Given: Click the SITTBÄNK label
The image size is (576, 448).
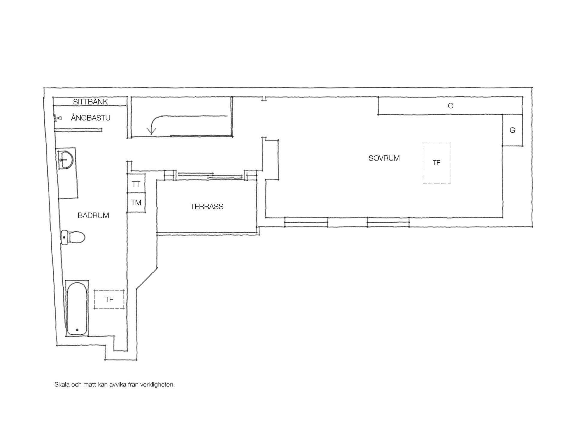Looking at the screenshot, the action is coord(90,102).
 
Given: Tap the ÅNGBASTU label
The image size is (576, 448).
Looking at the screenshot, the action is coord(91,118).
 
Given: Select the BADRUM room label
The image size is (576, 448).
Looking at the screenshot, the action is coord(93,215).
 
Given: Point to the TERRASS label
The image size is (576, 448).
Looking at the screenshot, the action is coord(207,206).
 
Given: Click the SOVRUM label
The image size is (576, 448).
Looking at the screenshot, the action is coord(384,158).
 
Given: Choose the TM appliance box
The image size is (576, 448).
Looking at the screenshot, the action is coord(136,203).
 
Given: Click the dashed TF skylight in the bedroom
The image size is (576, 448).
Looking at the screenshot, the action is coord(437,162).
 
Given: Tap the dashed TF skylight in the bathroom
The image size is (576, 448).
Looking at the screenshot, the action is coord(109,299).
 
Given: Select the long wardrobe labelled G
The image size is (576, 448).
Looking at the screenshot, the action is coord(450,106).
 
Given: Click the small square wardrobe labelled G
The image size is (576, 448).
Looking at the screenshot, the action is coord(513,130).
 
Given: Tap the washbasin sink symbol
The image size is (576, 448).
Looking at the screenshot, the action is coord(65,159).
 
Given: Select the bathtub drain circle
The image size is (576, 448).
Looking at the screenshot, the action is coord(77,330).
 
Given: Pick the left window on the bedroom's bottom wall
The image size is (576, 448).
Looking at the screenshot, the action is coord(306,222).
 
